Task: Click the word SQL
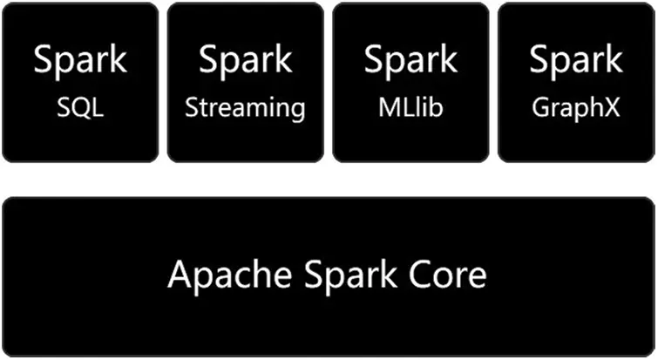(x=80, y=108)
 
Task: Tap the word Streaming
(x=246, y=109)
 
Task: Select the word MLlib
(x=410, y=108)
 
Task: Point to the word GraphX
(x=576, y=108)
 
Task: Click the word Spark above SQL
(x=80, y=61)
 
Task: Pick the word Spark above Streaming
(x=246, y=61)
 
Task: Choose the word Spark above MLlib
(x=410, y=61)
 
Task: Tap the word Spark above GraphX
(x=576, y=61)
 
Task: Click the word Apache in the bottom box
(x=223, y=275)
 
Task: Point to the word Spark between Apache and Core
(x=343, y=275)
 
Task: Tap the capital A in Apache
(x=180, y=275)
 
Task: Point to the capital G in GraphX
(x=540, y=108)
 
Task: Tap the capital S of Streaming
(x=192, y=108)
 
